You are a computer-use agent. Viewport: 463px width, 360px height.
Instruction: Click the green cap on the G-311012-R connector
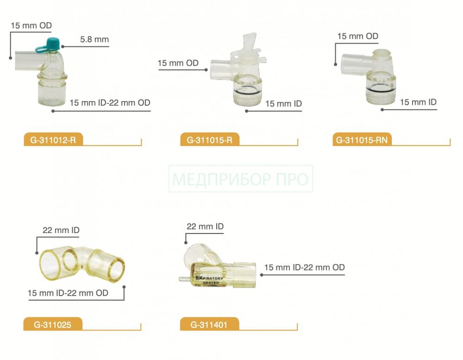click(x=53, y=43)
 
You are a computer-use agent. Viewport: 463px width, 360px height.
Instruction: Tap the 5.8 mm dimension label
click(x=94, y=39)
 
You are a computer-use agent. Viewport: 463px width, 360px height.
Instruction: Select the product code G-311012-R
click(x=53, y=140)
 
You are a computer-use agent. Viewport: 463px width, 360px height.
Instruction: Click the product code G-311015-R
click(x=209, y=140)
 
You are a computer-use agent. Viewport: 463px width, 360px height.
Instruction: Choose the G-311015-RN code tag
click(x=362, y=140)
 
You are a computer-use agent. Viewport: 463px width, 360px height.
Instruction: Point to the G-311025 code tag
click(x=53, y=325)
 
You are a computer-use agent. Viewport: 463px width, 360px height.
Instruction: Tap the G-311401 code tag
click(x=209, y=325)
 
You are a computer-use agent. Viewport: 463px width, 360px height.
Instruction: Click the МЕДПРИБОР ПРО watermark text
click(x=240, y=179)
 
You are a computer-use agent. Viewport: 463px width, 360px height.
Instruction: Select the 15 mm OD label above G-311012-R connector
click(x=31, y=25)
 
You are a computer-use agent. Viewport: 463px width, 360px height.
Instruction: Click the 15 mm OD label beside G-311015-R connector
click(x=178, y=63)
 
